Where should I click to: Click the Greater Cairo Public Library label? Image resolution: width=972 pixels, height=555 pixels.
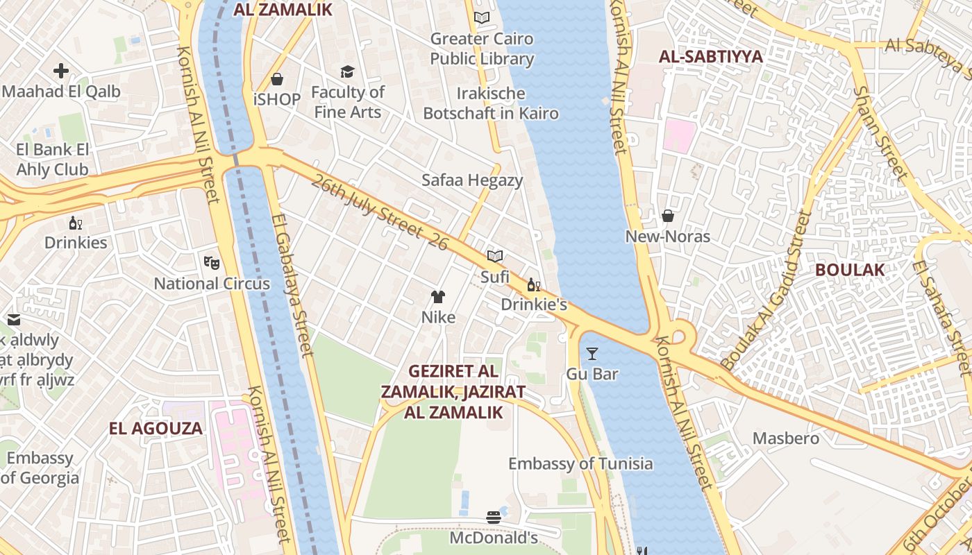[482, 49]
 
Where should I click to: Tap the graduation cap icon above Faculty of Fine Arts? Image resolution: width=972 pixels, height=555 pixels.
[347, 71]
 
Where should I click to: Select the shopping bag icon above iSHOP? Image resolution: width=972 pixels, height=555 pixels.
[277, 79]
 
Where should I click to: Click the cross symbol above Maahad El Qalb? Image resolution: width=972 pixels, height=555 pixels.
[61, 70]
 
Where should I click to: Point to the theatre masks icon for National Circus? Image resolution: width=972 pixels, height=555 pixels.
[212, 262]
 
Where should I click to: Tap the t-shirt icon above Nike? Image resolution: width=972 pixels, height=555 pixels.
[437, 297]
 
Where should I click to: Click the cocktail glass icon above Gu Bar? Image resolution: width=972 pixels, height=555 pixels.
[592, 354]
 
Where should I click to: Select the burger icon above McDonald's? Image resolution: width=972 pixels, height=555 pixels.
[494, 517]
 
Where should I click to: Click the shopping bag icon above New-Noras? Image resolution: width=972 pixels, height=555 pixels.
[668, 216]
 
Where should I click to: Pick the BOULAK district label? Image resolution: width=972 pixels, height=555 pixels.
[850, 270]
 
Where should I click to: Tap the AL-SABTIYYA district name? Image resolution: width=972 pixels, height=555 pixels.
[710, 57]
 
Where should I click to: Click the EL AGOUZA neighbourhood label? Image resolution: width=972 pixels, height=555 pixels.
[156, 428]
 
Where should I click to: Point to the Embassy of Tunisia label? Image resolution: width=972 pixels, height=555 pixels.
[580, 463]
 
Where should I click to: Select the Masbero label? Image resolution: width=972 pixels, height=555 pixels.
[786, 438]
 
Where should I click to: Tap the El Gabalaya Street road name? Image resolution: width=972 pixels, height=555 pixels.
[292, 284]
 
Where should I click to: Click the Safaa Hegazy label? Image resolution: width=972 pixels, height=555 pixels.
[472, 180]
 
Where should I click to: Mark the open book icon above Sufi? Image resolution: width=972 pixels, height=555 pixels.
[494, 256]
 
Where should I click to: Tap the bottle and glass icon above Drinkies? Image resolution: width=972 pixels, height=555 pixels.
[75, 223]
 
